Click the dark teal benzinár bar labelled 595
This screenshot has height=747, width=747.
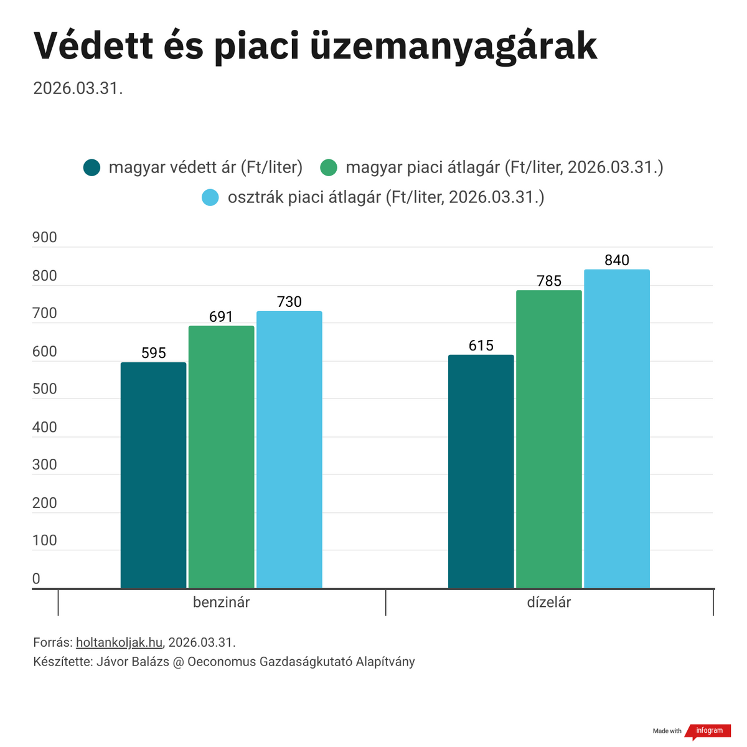(153, 475)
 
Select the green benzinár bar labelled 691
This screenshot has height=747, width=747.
(221, 457)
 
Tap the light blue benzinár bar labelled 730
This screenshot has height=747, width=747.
(289, 449)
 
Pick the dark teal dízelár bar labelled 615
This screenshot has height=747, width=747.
(481, 471)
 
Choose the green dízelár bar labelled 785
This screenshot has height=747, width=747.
(549, 439)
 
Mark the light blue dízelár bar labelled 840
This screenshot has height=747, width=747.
(617, 429)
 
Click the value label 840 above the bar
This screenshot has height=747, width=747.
(617, 260)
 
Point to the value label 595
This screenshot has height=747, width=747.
(154, 354)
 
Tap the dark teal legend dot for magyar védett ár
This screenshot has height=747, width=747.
(92, 167)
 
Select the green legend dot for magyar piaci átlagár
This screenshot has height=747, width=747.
(329, 167)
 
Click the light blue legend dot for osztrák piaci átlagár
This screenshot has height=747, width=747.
(210, 198)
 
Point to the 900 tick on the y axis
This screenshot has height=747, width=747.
(44, 237)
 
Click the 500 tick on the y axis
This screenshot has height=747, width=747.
(44, 389)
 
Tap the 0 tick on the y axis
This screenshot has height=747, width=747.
(36, 579)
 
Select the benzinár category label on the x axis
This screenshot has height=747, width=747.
(222, 603)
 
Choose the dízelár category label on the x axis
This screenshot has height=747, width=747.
(549, 603)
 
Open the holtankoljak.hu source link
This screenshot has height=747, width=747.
(119, 642)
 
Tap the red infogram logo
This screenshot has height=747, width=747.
(709, 731)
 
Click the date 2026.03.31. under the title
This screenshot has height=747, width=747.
(78, 88)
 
